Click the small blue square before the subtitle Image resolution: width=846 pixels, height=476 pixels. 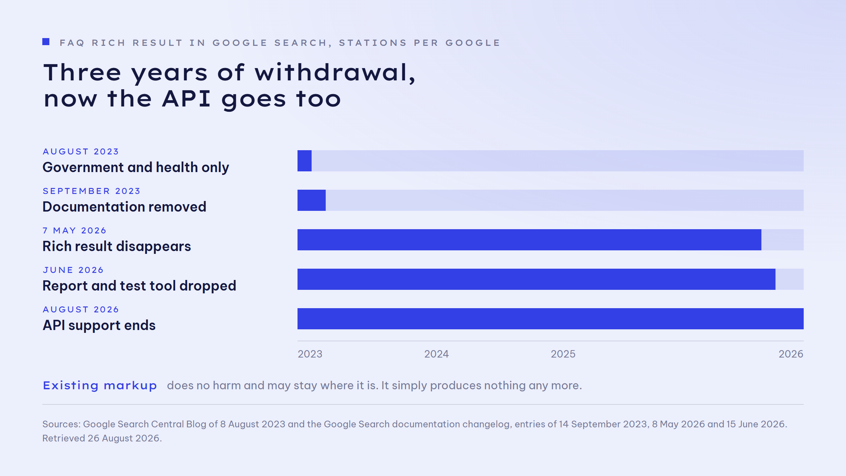coord(46,42)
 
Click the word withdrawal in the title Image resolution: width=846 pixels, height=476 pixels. coord(335,72)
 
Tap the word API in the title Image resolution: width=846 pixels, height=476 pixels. coord(186,98)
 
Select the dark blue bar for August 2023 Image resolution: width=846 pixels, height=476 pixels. coord(305,161)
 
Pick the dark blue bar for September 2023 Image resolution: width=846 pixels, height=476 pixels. coord(312,200)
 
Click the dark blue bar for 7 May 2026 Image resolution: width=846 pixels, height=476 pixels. coord(529,240)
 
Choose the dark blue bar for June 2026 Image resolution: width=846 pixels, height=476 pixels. coord(537,279)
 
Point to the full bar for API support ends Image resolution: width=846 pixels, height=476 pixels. coord(551,319)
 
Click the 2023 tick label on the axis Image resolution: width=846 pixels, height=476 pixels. coord(310,354)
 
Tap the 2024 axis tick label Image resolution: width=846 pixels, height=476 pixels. coord(436,354)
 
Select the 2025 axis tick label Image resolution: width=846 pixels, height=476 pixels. coord(563,354)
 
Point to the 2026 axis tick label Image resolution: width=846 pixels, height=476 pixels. coord(791,354)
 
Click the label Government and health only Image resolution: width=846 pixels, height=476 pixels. coord(136,167)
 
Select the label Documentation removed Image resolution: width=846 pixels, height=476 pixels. coord(124,207)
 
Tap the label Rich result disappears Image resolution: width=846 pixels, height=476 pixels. coord(117,246)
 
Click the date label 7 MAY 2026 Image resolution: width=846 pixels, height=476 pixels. coord(74,231)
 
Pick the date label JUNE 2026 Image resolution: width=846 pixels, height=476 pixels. coord(73,270)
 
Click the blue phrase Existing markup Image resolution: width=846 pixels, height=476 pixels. coord(100,386)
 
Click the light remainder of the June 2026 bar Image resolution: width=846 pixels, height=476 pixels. coord(790,279)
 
